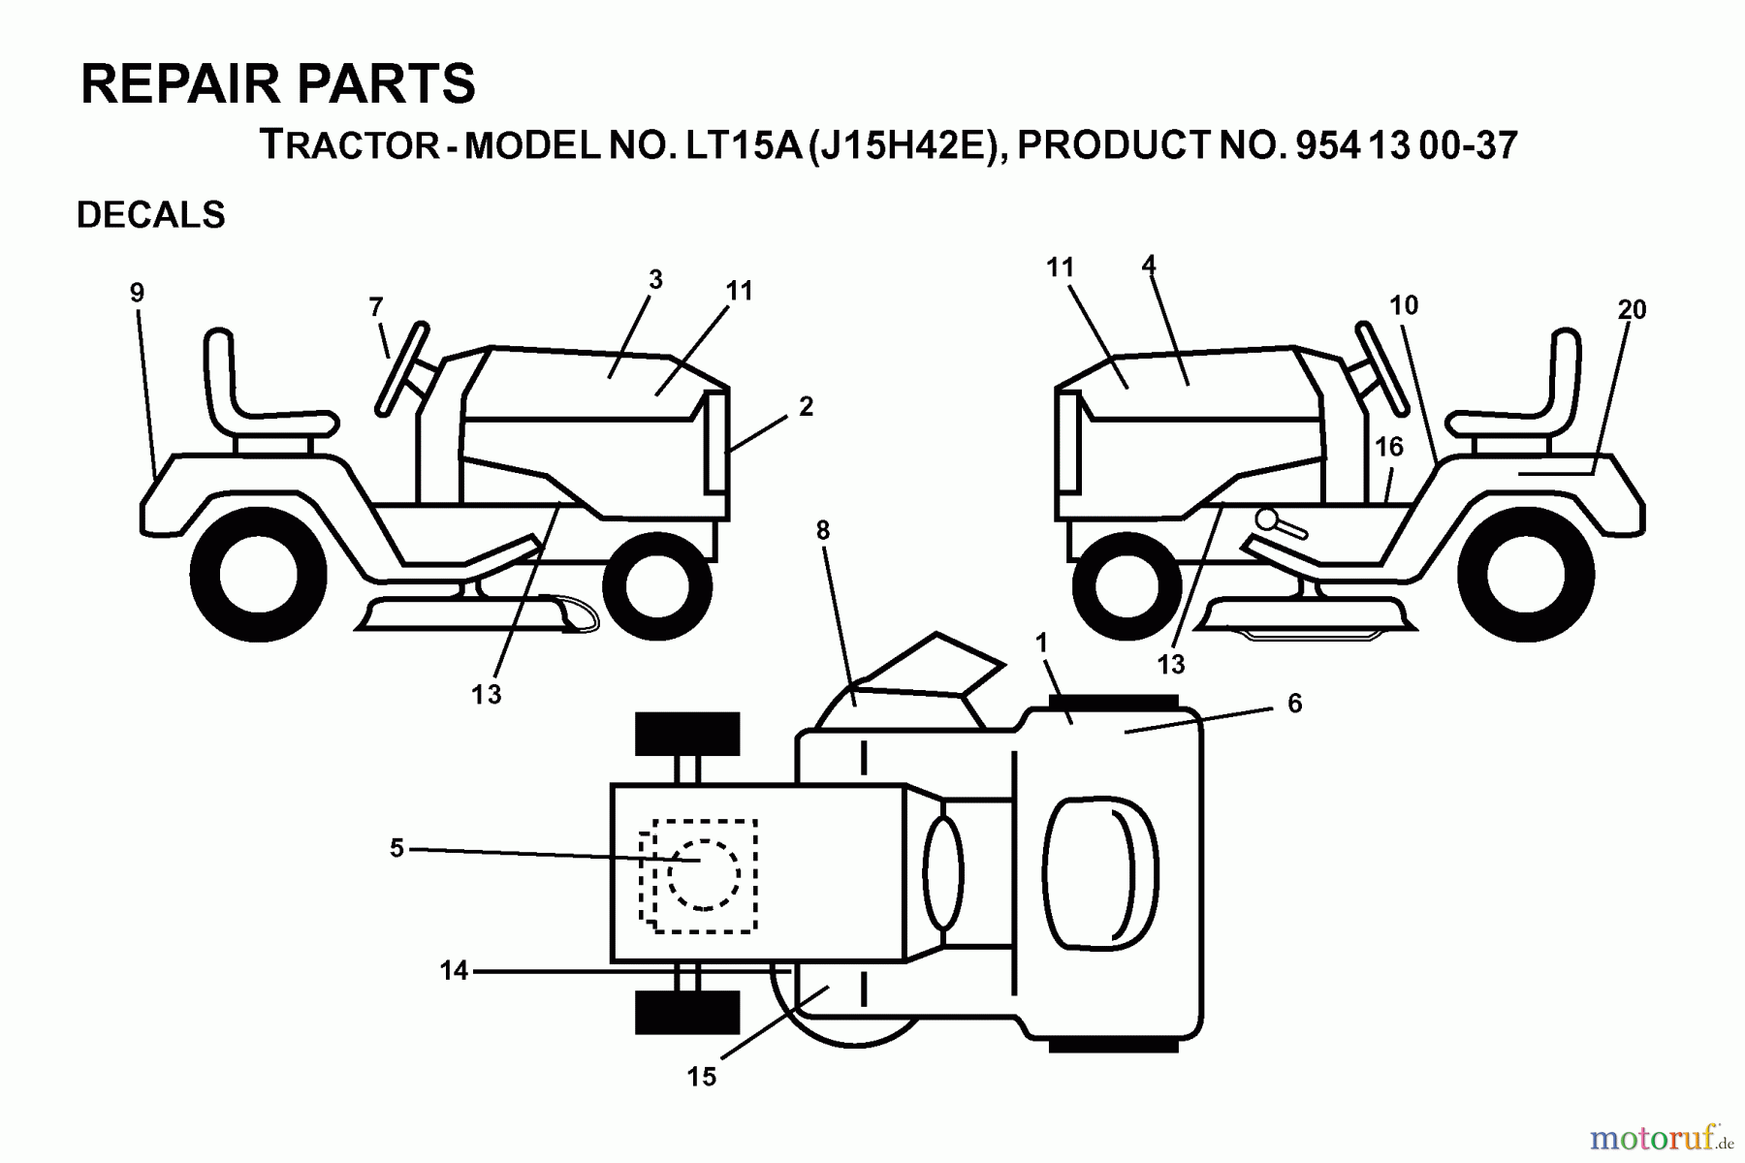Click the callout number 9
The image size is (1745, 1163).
pos(137,293)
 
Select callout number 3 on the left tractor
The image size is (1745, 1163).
pos(655,280)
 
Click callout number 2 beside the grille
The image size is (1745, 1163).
pos(806,407)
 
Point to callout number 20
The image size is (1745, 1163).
pos(1632,310)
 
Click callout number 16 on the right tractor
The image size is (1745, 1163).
pos(1389,447)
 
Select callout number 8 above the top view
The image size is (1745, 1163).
pos(823,530)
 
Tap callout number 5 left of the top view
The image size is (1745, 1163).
pos(397,849)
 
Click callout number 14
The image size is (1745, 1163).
pos(454,970)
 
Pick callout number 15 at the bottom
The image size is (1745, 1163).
pos(701,1077)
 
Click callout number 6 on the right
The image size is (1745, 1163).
pos(1294,704)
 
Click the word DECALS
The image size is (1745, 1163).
pos(151,215)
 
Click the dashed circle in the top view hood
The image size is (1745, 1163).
pos(704,875)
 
